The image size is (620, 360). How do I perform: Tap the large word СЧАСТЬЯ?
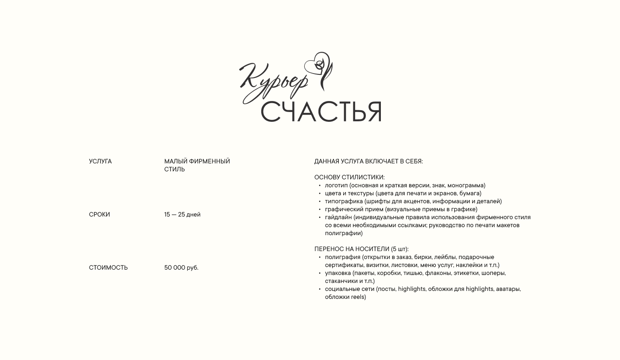point(321,112)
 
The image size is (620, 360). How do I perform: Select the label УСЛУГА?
point(100,162)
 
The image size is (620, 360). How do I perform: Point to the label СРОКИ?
point(99,215)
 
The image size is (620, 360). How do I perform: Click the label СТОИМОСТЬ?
point(108,268)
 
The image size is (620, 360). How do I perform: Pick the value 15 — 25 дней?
point(182,215)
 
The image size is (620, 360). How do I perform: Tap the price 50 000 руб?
point(181,268)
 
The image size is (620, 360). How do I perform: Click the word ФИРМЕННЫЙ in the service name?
point(209,162)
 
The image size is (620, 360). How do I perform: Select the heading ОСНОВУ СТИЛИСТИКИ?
point(349,178)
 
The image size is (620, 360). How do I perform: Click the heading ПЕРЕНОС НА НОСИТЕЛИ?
point(352,249)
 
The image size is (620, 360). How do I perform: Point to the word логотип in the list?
point(336,186)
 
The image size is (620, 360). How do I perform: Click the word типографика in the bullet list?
point(344,201)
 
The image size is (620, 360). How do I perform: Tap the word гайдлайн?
point(338,217)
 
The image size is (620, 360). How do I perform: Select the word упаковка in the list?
point(338,273)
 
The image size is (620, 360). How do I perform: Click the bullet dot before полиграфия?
point(320,257)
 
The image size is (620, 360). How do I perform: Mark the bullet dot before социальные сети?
point(320,289)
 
